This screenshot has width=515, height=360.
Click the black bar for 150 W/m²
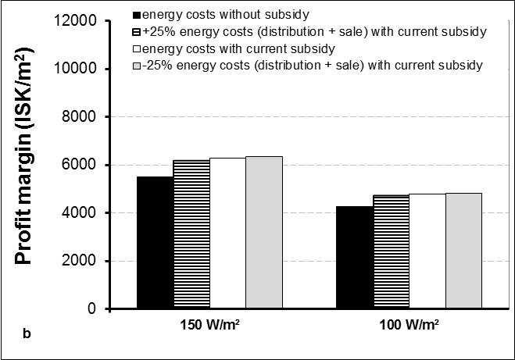pyautogui.click(x=155, y=243)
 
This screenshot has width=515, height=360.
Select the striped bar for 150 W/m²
pyautogui.click(x=191, y=234)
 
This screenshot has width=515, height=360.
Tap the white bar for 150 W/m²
pyautogui.click(x=228, y=233)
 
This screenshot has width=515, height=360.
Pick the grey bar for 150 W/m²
pyautogui.click(x=264, y=233)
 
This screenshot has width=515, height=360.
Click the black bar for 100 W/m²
pyautogui.click(x=355, y=257)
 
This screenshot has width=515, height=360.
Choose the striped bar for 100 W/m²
pyautogui.click(x=392, y=251)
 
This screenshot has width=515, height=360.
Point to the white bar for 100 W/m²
pyautogui.click(x=427, y=251)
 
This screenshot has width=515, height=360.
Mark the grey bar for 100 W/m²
pyautogui.click(x=463, y=251)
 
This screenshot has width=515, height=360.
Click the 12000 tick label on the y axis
pyautogui.click(x=75, y=20)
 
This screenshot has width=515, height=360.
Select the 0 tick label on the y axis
pyautogui.click(x=92, y=308)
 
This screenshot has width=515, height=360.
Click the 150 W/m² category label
pyautogui.click(x=209, y=325)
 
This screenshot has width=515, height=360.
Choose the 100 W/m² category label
pyautogui.click(x=409, y=325)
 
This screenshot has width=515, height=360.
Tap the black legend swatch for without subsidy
pyautogui.click(x=137, y=15)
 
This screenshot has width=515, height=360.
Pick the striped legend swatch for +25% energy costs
pyautogui.click(x=137, y=32)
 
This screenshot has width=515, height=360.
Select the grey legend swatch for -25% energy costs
pyautogui.click(x=137, y=66)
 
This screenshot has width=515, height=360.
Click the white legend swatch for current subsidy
pyautogui.click(x=137, y=49)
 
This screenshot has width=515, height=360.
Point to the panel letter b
pyautogui.click(x=27, y=333)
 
